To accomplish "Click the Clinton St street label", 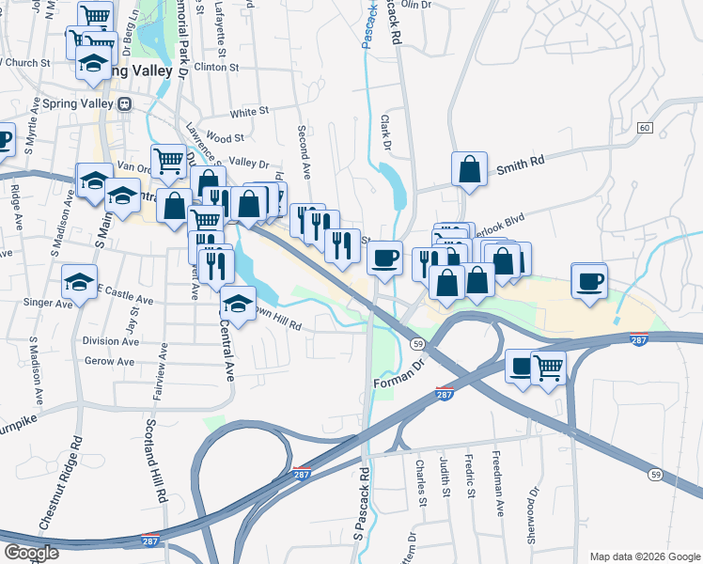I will coord(217,68).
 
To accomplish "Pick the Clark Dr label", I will coord(385,133).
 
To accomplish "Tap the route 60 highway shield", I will coord(644,127).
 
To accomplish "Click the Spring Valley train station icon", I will coord(123,104).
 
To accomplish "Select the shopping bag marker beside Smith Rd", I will coord(469,169).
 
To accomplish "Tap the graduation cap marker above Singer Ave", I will coord(80,280).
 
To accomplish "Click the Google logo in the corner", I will coord(31,552).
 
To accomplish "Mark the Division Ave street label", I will coord(110,341).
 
